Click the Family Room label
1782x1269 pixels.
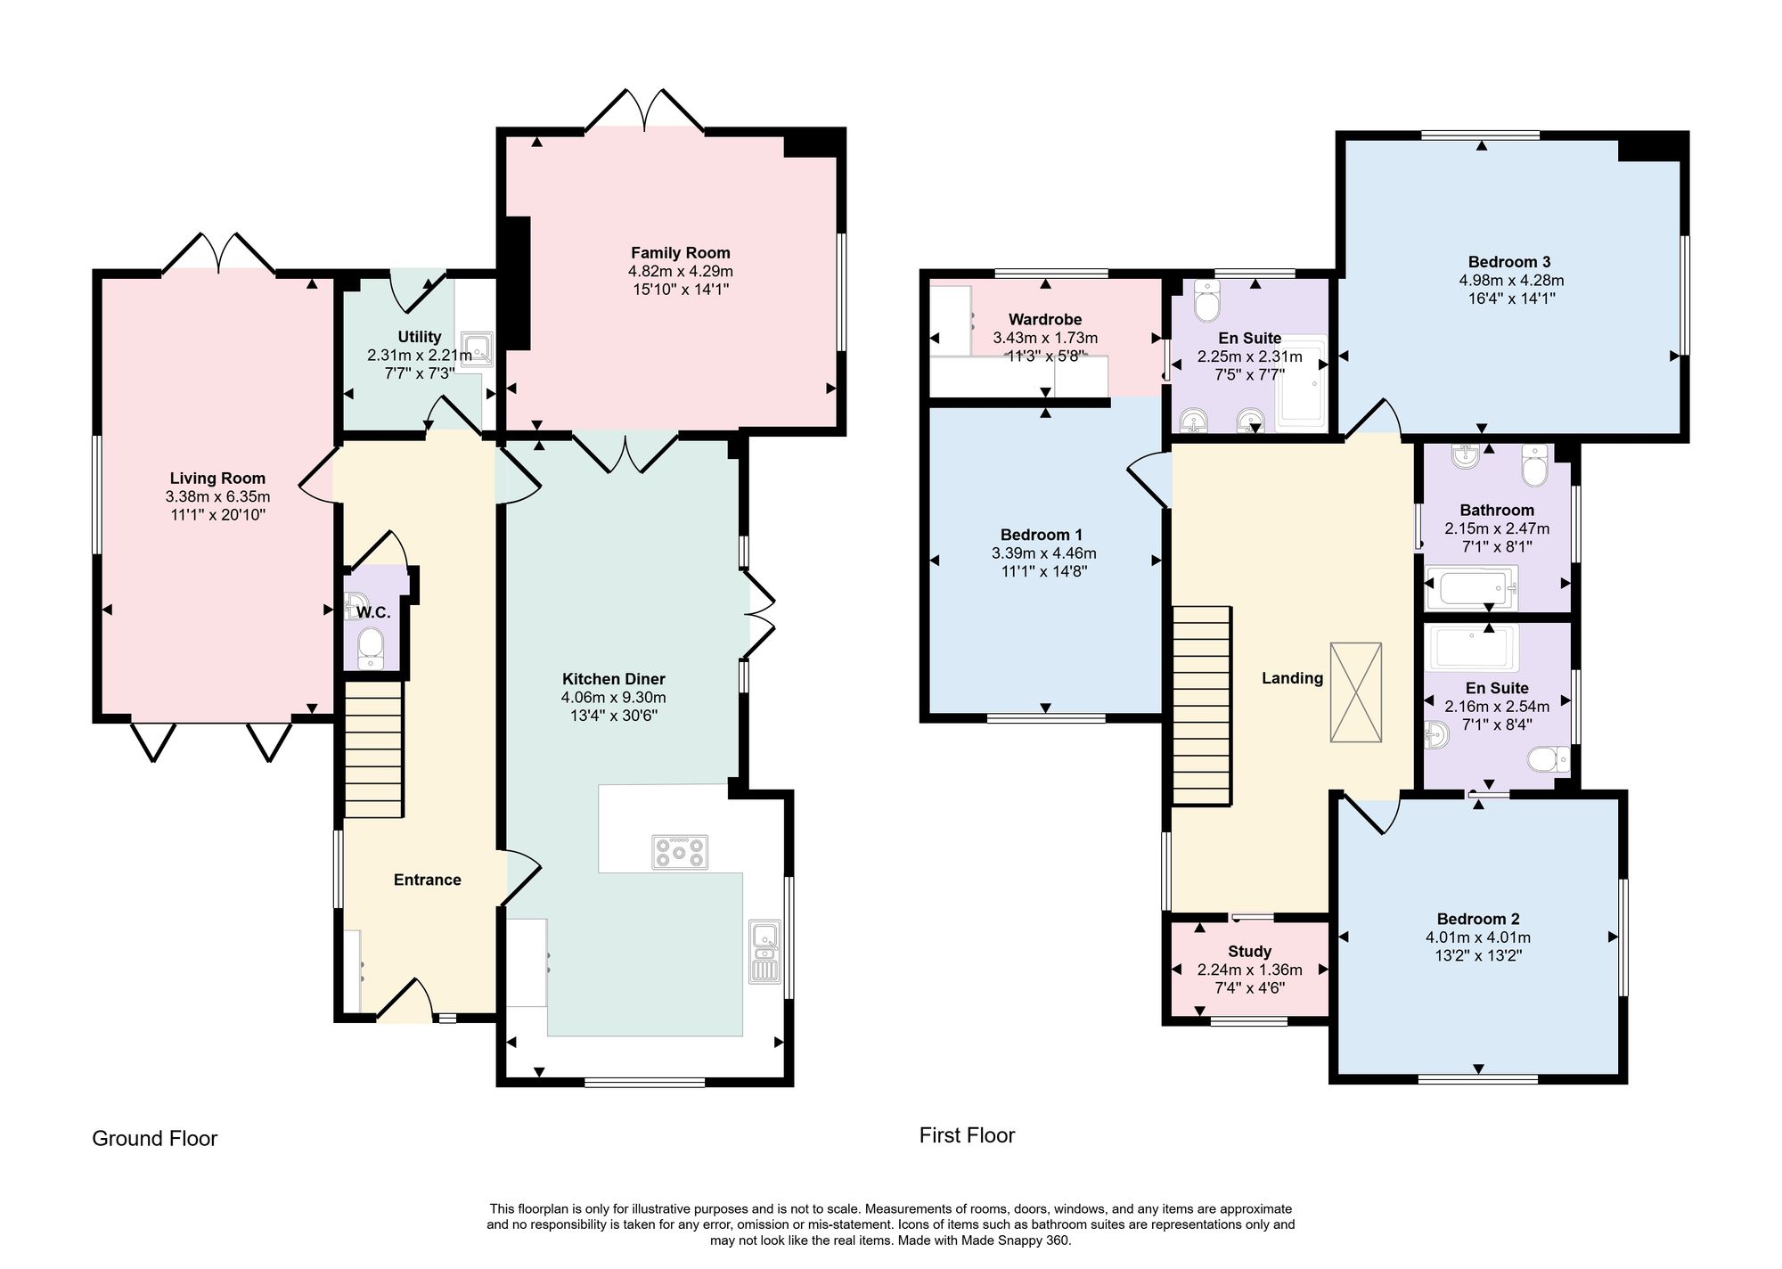point(681,253)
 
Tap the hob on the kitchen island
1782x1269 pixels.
point(680,852)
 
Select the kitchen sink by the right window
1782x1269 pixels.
point(764,952)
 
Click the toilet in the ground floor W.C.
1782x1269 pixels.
point(369,648)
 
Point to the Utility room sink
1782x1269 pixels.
point(476,349)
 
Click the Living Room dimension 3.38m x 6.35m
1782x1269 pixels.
point(217,497)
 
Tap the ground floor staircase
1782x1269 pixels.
point(373,749)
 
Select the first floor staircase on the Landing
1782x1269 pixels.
point(1201,706)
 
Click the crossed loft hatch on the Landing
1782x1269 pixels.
point(1356,692)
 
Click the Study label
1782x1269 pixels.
point(1249,952)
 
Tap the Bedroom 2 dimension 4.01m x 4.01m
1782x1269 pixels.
point(1478,937)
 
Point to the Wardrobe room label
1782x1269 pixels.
point(1045,319)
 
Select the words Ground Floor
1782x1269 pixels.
point(155,1139)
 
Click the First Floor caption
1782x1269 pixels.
point(967,1135)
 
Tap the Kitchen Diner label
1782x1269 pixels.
point(614,679)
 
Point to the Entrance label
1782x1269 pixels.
point(428,880)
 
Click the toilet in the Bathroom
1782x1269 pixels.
point(1535,465)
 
